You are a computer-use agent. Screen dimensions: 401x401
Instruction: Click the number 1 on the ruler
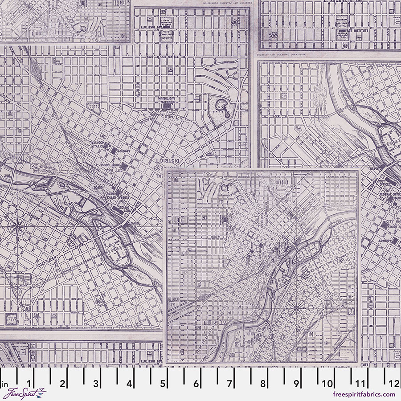coord(29,384)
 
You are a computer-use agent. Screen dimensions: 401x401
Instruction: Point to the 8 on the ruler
coord(263,384)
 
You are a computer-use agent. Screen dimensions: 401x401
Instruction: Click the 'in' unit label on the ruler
coord(5,384)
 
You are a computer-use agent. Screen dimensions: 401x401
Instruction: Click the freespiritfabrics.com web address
coord(364,394)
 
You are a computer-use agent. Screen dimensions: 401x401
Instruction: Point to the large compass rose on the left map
coord(17,226)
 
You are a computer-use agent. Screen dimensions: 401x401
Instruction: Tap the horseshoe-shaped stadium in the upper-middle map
coord(221,105)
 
